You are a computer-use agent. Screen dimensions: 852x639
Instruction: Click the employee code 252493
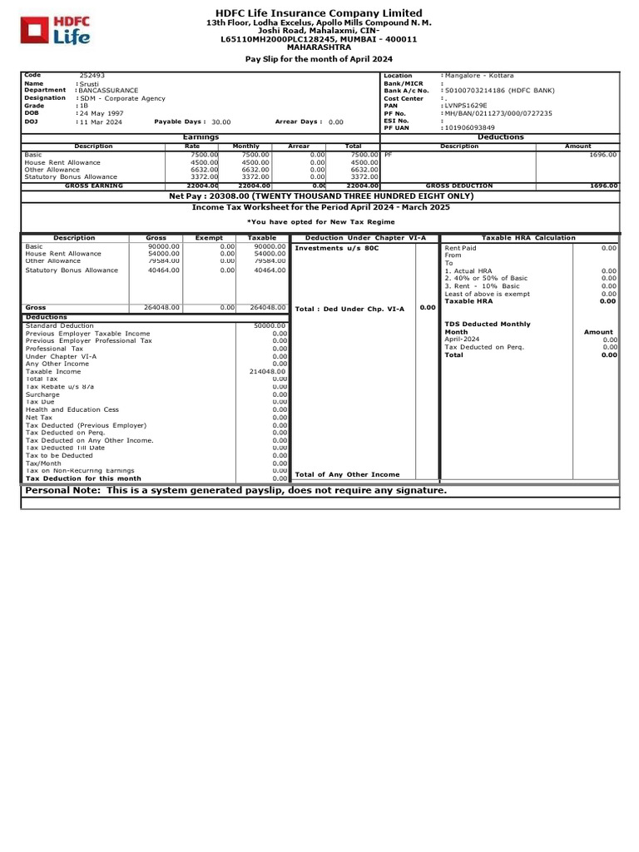tap(92, 76)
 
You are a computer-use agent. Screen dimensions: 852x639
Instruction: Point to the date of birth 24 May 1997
tap(102, 113)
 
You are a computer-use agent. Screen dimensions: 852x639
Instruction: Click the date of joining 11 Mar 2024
tap(102, 121)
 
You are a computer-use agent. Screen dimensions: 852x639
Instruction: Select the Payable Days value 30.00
tap(221, 121)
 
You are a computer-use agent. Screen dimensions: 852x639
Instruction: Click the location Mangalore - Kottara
tap(478, 76)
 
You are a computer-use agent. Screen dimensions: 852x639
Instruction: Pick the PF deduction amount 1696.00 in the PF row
tap(602, 155)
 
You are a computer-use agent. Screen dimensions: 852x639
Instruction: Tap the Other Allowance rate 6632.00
tap(204, 169)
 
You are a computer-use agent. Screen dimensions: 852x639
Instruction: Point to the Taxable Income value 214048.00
tap(268, 371)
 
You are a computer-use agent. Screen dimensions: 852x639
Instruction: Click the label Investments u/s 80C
tap(337, 248)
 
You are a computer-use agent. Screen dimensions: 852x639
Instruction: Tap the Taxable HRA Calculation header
tap(528, 238)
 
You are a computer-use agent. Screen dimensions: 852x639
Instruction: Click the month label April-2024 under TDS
tap(462, 339)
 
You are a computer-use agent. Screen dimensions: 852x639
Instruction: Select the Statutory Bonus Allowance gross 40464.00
tap(163, 270)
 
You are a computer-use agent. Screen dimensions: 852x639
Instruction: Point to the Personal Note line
tap(236, 491)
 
